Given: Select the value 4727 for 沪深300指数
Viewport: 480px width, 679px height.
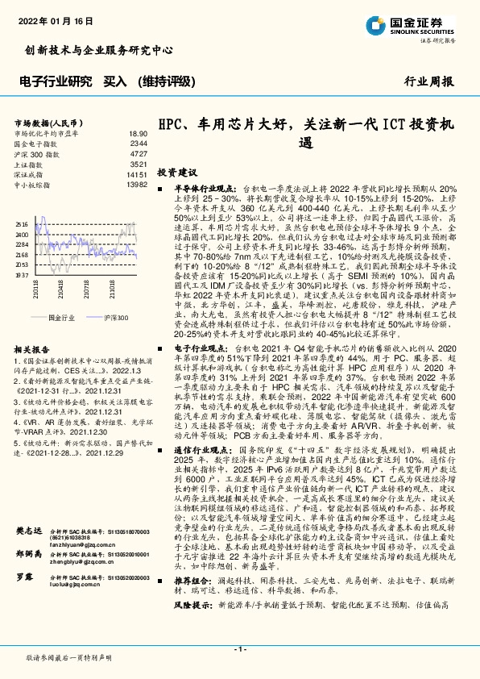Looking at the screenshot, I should [x=139, y=153].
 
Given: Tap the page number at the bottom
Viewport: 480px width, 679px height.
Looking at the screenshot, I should [x=240, y=648].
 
